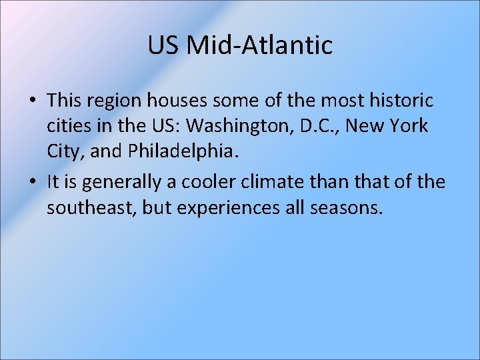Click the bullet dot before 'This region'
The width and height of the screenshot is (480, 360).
(x=32, y=101)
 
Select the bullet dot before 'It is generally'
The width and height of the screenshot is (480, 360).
(x=32, y=183)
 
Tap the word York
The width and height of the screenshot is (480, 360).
(x=409, y=126)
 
